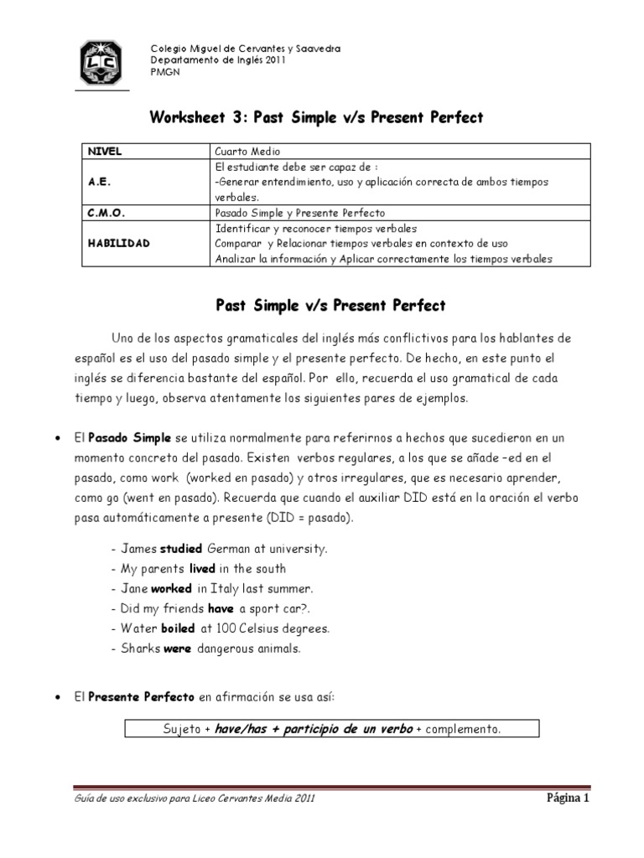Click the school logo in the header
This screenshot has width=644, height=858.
click(102, 62)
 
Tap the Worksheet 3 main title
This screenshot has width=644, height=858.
click(316, 117)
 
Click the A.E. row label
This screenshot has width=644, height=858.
click(98, 181)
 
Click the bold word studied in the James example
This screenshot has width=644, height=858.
click(183, 549)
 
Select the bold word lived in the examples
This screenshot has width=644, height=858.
click(203, 569)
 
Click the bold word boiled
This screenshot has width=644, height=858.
click(178, 628)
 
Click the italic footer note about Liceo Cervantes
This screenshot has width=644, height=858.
click(195, 799)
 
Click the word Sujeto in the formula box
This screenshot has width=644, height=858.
click(182, 729)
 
